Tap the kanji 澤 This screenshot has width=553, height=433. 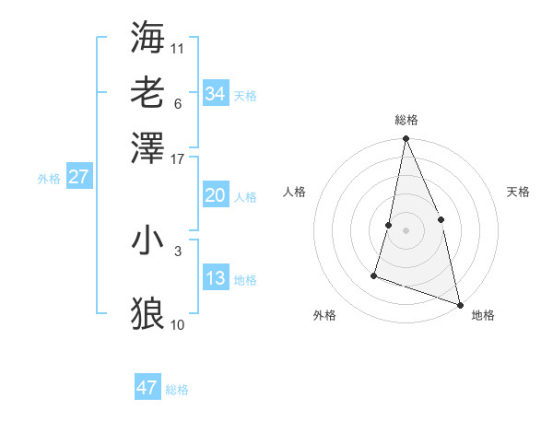pyautogui.click(x=147, y=147)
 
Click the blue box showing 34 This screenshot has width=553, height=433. pyautogui.click(x=215, y=94)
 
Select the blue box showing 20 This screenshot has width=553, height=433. pyautogui.click(x=215, y=195)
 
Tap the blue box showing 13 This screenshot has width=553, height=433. pyautogui.click(x=215, y=278)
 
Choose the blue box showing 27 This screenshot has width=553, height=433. pyautogui.click(x=78, y=177)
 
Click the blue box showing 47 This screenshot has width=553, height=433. pyautogui.click(x=147, y=388)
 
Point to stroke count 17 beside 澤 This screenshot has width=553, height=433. pyautogui.click(x=178, y=158)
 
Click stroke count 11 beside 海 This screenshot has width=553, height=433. pyautogui.click(x=178, y=47)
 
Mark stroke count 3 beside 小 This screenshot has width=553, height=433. pyautogui.click(x=178, y=250)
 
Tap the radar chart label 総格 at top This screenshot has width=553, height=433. pyautogui.click(x=406, y=120)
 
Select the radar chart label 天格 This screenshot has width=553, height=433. pyautogui.click(x=518, y=192)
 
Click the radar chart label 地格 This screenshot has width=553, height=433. pyautogui.click(x=483, y=315)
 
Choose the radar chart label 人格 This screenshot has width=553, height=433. pyautogui.click(x=295, y=192)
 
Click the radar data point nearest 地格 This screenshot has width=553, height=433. pyautogui.click(x=459, y=303)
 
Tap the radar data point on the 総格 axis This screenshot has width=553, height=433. pyautogui.click(x=406, y=139)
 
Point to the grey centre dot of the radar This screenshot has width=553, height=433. pyautogui.click(x=406, y=229)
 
